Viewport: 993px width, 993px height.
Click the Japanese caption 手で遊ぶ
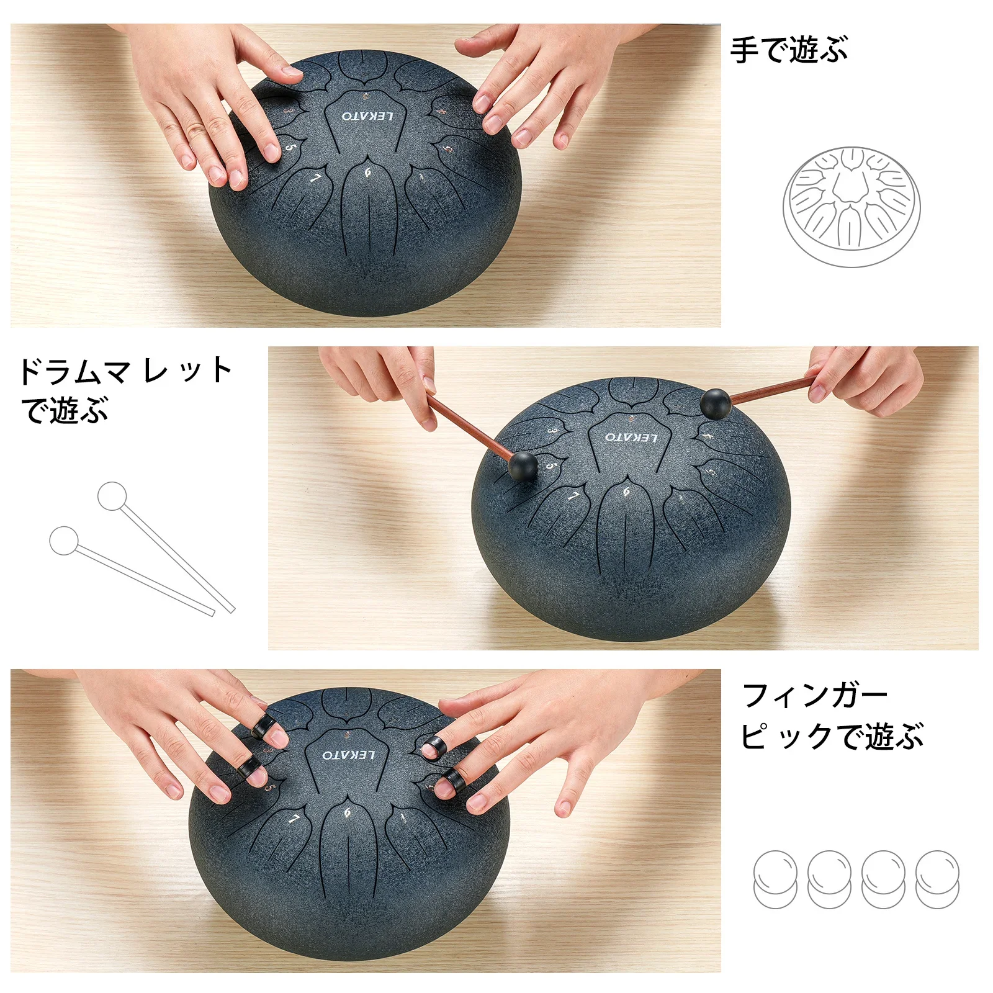(x=788, y=50)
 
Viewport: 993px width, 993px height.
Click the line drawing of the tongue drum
(x=851, y=207)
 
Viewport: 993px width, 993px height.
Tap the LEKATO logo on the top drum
(x=367, y=116)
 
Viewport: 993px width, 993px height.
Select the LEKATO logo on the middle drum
(x=631, y=438)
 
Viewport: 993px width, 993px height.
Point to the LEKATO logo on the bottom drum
(x=349, y=755)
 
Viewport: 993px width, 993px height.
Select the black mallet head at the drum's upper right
(x=716, y=403)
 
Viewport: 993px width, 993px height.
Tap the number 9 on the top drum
(x=367, y=172)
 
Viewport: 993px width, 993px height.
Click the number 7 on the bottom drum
(x=294, y=820)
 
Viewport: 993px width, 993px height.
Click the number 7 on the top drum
(x=315, y=179)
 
